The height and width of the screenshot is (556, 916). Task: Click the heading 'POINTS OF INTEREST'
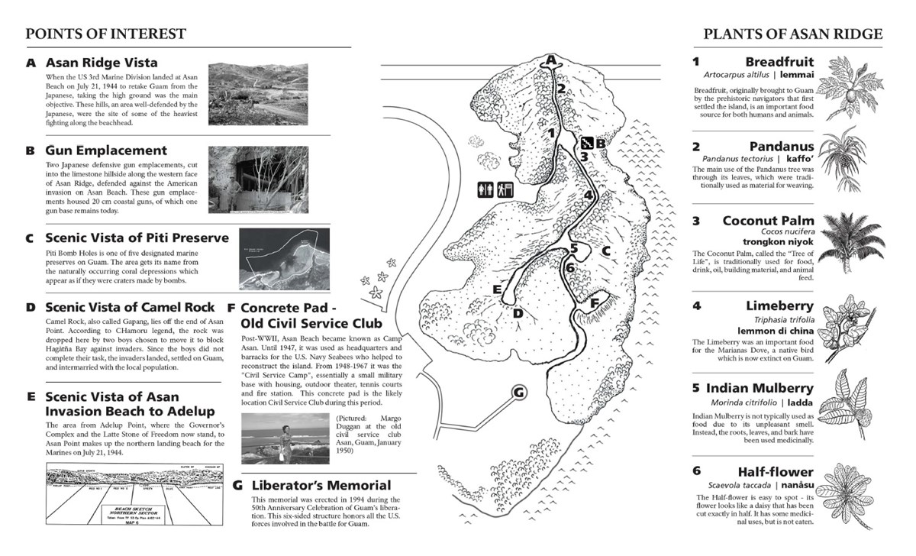tap(105, 34)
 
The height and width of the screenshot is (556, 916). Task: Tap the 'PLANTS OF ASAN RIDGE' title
tap(793, 34)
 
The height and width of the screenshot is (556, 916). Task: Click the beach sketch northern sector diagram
tap(133, 497)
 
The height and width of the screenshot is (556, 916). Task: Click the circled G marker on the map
tap(518, 393)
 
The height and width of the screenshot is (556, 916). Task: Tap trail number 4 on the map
tap(588, 195)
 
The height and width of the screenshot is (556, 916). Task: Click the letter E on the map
tap(497, 289)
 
